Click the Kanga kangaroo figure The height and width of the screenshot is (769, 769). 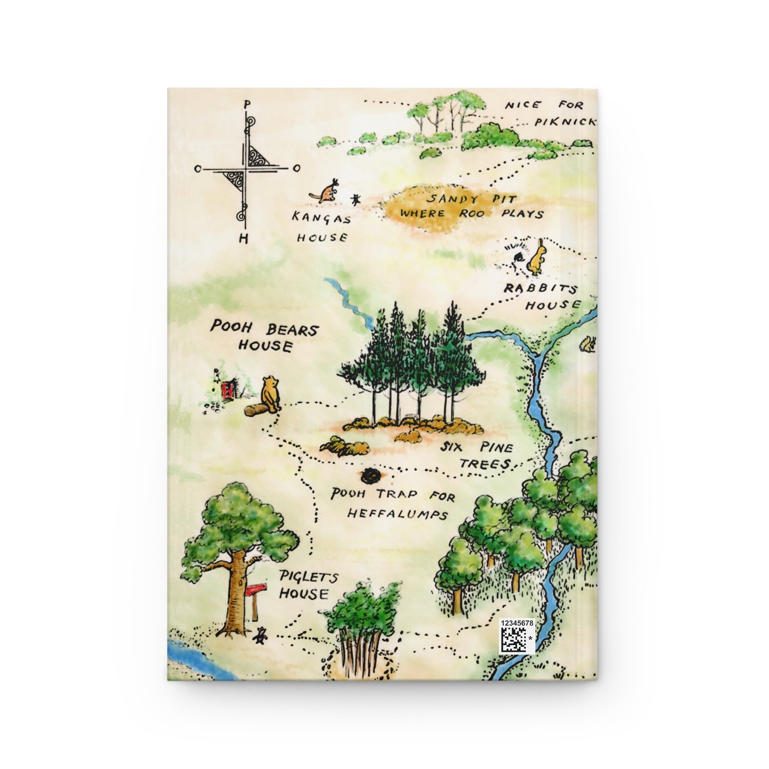(327, 191)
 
